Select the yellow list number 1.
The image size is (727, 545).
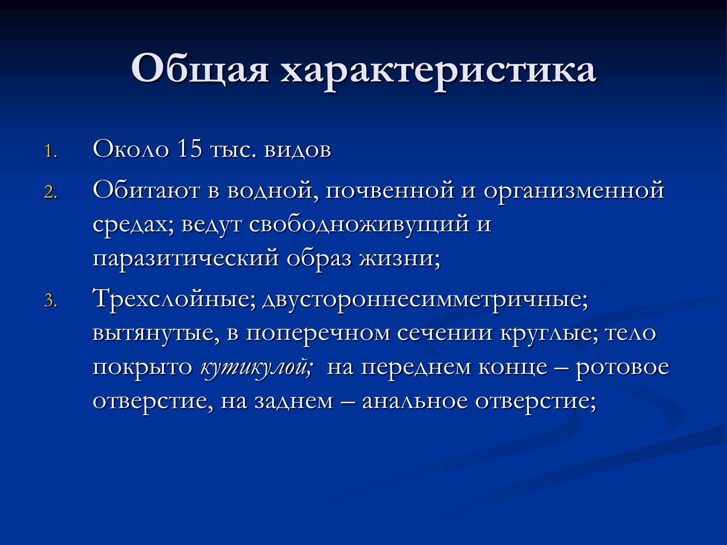pos(50,152)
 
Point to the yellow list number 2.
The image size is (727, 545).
pos(50,192)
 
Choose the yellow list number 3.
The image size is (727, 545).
pos(50,301)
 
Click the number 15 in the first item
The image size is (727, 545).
pos(189,149)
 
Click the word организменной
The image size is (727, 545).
pos(574,192)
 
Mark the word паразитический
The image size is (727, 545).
pos(185,259)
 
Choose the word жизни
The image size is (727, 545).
pos(400,259)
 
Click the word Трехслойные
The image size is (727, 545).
pos(174,300)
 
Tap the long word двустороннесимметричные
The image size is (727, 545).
pos(425,302)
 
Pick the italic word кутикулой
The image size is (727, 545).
pos(256,368)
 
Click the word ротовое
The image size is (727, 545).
pos(622,368)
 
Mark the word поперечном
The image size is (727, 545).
pos(318,334)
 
